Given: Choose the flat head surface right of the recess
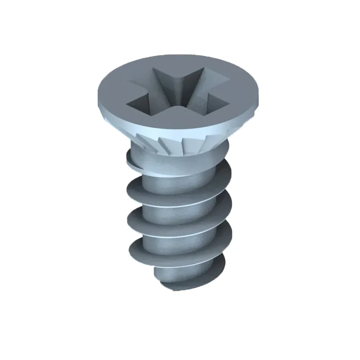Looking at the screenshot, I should click(x=243, y=92).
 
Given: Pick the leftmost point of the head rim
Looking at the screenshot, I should click(x=98, y=94).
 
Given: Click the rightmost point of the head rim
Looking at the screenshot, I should click(x=261, y=92).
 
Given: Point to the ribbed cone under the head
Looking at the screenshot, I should click(x=180, y=144).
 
